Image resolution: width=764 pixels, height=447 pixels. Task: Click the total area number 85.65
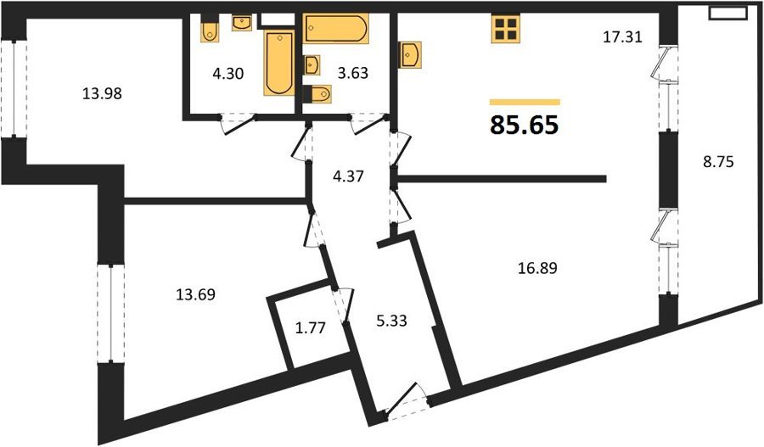(x=525, y=126)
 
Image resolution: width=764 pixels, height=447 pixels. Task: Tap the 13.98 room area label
(x=102, y=93)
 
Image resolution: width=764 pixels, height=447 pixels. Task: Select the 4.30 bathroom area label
(x=228, y=74)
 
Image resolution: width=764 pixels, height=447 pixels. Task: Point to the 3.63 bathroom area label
(x=353, y=74)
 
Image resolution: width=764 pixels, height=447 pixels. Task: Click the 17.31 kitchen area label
(x=623, y=37)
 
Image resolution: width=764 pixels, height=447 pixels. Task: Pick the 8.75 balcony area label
(x=717, y=161)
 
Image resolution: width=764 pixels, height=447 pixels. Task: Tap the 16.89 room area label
(x=537, y=268)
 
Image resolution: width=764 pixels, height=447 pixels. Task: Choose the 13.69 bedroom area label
(x=195, y=294)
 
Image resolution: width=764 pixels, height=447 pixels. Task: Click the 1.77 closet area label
(x=311, y=327)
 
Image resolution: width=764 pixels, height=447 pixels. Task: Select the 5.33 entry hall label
(x=391, y=321)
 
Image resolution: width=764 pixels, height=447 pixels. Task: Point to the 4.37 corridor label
(x=348, y=176)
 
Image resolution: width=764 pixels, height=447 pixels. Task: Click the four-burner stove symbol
(x=506, y=28)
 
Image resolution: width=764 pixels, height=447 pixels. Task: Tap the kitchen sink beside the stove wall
(x=410, y=54)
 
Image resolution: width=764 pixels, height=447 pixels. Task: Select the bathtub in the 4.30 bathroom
(x=279, y=62)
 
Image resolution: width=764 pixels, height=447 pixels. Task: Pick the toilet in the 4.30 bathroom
(x=210, y=31)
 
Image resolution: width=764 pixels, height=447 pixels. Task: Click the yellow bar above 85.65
(x=525, y=103)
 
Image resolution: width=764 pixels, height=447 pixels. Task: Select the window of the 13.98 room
(x=14, y=89)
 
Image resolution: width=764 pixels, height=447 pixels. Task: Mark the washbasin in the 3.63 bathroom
(x=312, y=65)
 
